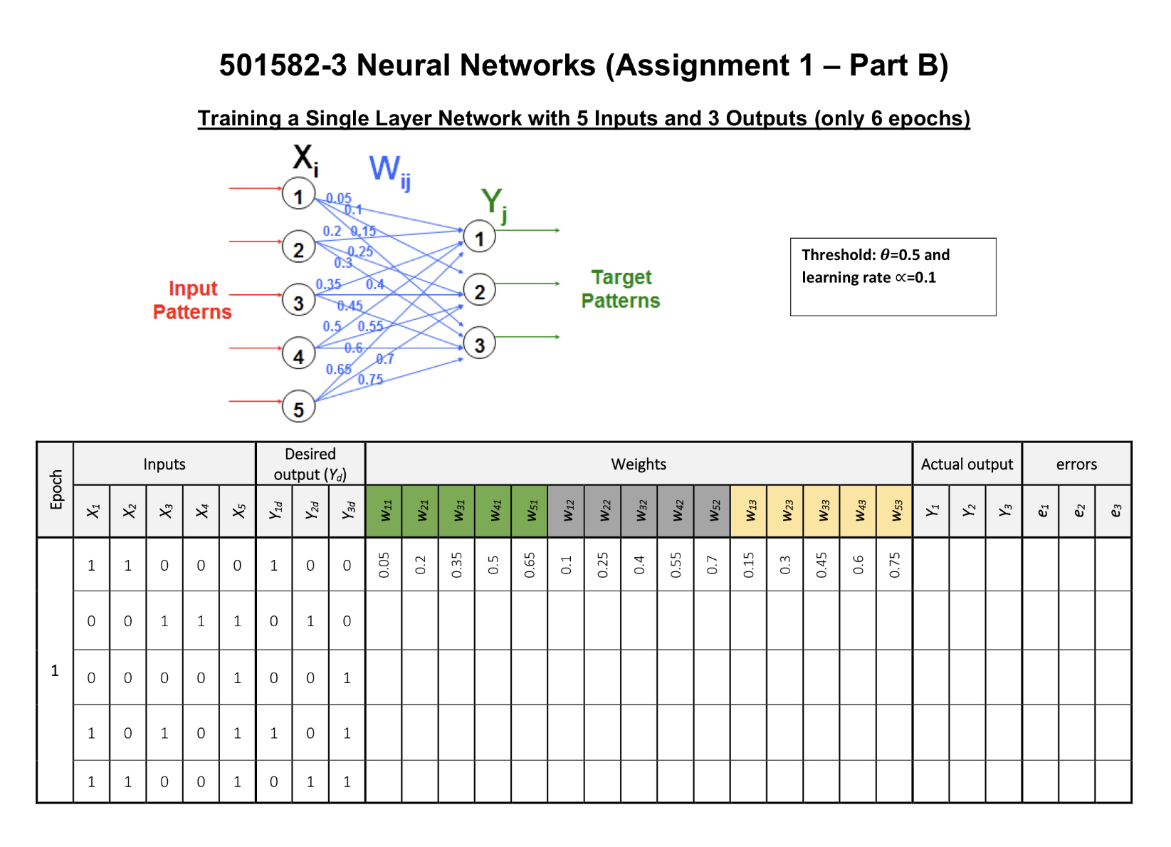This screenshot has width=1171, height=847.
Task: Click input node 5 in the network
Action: click(298, 407)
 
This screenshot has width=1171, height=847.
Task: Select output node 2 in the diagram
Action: click(479, 290)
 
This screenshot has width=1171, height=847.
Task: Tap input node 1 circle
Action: click(298, 194)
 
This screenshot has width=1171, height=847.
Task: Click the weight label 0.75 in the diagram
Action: click(370, 380)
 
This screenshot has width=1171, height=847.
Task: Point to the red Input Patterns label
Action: click(192, 300)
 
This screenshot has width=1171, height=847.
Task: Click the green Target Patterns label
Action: click(621, 289)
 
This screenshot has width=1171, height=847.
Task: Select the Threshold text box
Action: click(893, 276)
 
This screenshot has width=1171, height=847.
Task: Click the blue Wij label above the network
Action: click(389, 172)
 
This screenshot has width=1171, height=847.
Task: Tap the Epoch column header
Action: click(56, 489)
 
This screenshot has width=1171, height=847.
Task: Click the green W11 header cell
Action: click(384, 511)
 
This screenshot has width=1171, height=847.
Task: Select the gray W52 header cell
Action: click(713, 511)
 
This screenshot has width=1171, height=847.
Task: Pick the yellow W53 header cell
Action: click(895, 511)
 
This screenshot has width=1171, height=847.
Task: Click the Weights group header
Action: click(639, 464)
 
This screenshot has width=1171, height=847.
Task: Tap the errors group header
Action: click(1076, 464)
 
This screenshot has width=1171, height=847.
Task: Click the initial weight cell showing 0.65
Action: click(530, 565)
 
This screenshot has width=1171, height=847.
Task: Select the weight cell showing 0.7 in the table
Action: click(713, 565)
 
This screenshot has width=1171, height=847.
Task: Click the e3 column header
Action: click(1114, 511)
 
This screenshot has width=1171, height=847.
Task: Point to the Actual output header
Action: click(967, 464)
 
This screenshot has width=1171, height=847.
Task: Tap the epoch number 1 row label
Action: click(55, 670)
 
